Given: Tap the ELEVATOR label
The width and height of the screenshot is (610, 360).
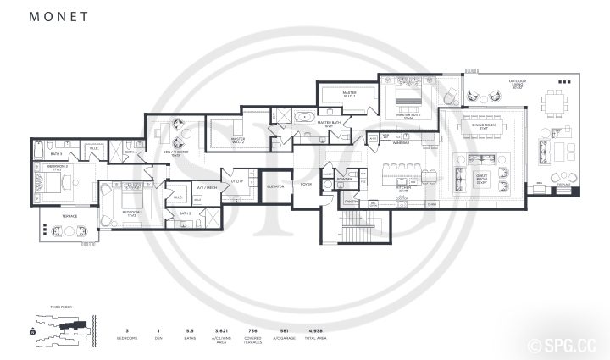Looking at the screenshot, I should [274, 186].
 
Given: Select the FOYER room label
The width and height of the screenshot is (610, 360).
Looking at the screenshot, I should [305, 184].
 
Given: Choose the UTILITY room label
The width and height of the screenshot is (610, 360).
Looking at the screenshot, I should [237, 181].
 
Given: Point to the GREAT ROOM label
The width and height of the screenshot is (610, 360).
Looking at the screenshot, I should [506, 179].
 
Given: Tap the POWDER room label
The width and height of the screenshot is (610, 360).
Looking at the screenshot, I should [345, 180].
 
